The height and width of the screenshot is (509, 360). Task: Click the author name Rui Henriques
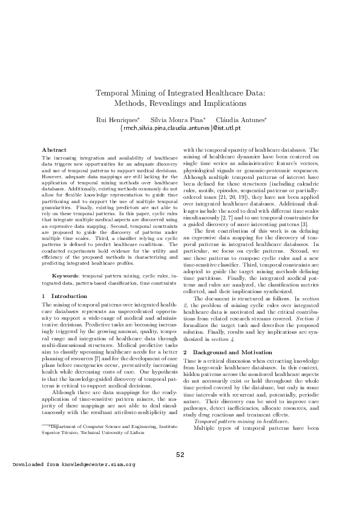click(x=117, y=120)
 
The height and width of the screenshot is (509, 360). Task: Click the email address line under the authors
click(x=180, y=129)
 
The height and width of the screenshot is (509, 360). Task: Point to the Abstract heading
click(x=54, y=149)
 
